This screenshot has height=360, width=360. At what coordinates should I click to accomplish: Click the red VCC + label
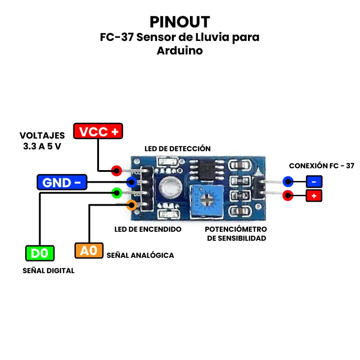[98, 131]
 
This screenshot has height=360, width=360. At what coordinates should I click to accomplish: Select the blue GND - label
[62, 182]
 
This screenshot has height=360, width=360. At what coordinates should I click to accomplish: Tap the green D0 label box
[40, 253]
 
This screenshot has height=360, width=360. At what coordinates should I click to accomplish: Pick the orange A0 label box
[89, 250]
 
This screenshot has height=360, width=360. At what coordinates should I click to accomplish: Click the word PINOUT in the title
[180, 22]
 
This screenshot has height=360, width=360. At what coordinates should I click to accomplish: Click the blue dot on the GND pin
[132, 182]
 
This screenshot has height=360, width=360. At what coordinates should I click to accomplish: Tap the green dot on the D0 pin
[117, 193]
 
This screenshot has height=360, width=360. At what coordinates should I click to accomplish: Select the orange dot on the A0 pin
[131, 205]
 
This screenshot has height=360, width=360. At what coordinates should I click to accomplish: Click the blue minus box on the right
[314, 182]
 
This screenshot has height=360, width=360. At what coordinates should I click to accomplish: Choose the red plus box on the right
[314, 196]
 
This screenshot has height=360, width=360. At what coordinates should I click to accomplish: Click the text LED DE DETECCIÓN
[177, 148]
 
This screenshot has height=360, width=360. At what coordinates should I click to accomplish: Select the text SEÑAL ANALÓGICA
[140, 255]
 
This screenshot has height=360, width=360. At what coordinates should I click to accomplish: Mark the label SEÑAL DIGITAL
[49, 270]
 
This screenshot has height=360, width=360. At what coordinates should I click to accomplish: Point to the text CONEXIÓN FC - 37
[321, 166]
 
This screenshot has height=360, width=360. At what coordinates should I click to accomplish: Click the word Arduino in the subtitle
[180, 51]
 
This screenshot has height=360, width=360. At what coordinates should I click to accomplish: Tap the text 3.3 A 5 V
[42, 146]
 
